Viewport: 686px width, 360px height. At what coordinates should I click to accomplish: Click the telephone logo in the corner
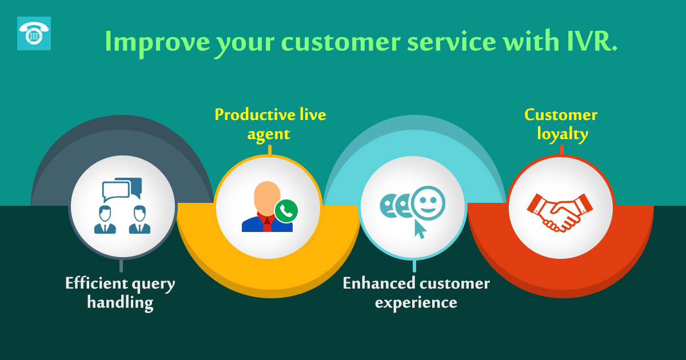(x=34, y=33)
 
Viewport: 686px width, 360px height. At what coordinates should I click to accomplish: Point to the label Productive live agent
(x=270, y=124)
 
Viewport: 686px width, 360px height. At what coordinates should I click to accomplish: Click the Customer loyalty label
(x=561, y=125)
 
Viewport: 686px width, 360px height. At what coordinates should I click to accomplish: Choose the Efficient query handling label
(x=120, y=293)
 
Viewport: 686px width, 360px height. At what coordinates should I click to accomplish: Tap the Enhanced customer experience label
(x=416, y=293)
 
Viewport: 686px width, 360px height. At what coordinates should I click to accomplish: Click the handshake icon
(x=560, y=211)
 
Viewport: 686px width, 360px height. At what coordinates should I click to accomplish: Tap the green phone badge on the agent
(x=286, y=211)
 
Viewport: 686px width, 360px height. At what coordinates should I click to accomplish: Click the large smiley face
(x=428, y=203)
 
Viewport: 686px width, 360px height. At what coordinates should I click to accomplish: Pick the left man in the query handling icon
(x=105, y=220)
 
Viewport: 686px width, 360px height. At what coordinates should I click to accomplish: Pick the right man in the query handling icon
(x=139, y=220)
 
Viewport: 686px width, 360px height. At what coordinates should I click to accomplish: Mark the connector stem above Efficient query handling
(x=121, y=266)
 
